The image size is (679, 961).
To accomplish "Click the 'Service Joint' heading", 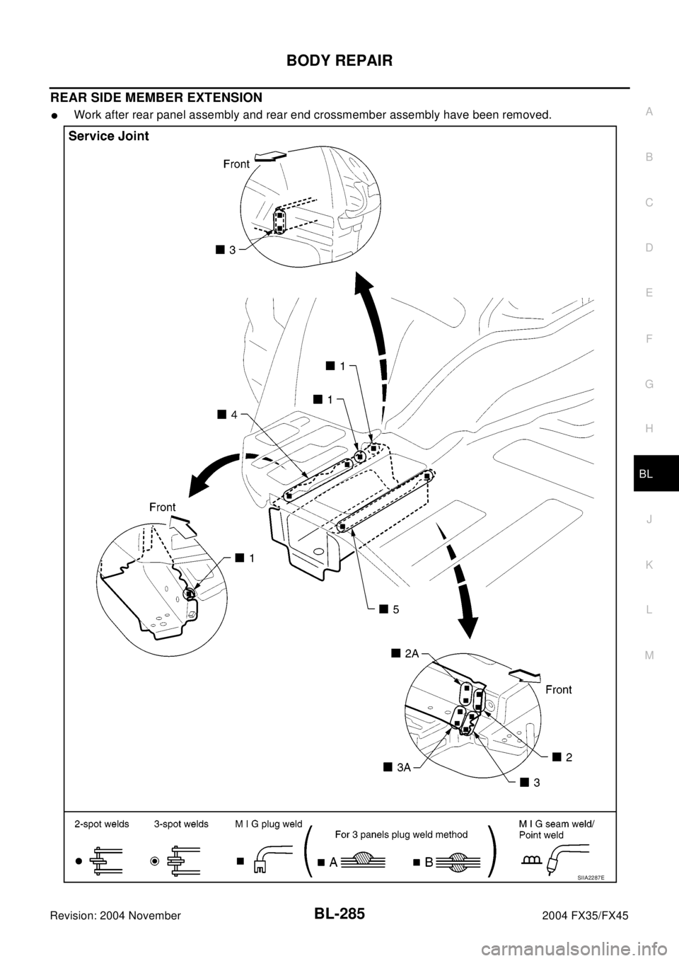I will point(108,137).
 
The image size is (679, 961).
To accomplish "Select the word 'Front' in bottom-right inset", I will point(558,689).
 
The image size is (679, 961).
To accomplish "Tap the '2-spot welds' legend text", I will point(102,824).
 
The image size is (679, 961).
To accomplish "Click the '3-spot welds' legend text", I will point(181,824).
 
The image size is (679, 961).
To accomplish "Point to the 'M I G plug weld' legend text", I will point(269,824).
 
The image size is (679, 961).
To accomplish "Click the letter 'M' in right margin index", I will point(649,655).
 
